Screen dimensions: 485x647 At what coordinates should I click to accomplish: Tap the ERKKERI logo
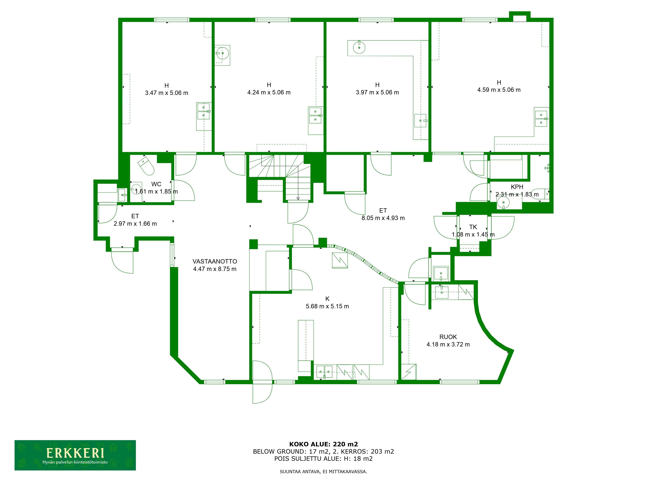pyautogui.click(x=75, y=455)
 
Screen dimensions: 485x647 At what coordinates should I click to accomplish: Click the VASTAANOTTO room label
pyautogui.click(x=215, y=261)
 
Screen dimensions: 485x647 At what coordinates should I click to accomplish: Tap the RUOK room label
pyautogui.click(x=448, y=337)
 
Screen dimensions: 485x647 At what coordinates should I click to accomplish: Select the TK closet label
pyautogui.click(x=473, y=227)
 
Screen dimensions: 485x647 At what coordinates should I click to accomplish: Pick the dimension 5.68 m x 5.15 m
pyautogui.click(x=327, y=306)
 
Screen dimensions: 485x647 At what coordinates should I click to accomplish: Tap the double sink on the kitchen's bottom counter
pyautogui.click(x=324, y=372)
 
